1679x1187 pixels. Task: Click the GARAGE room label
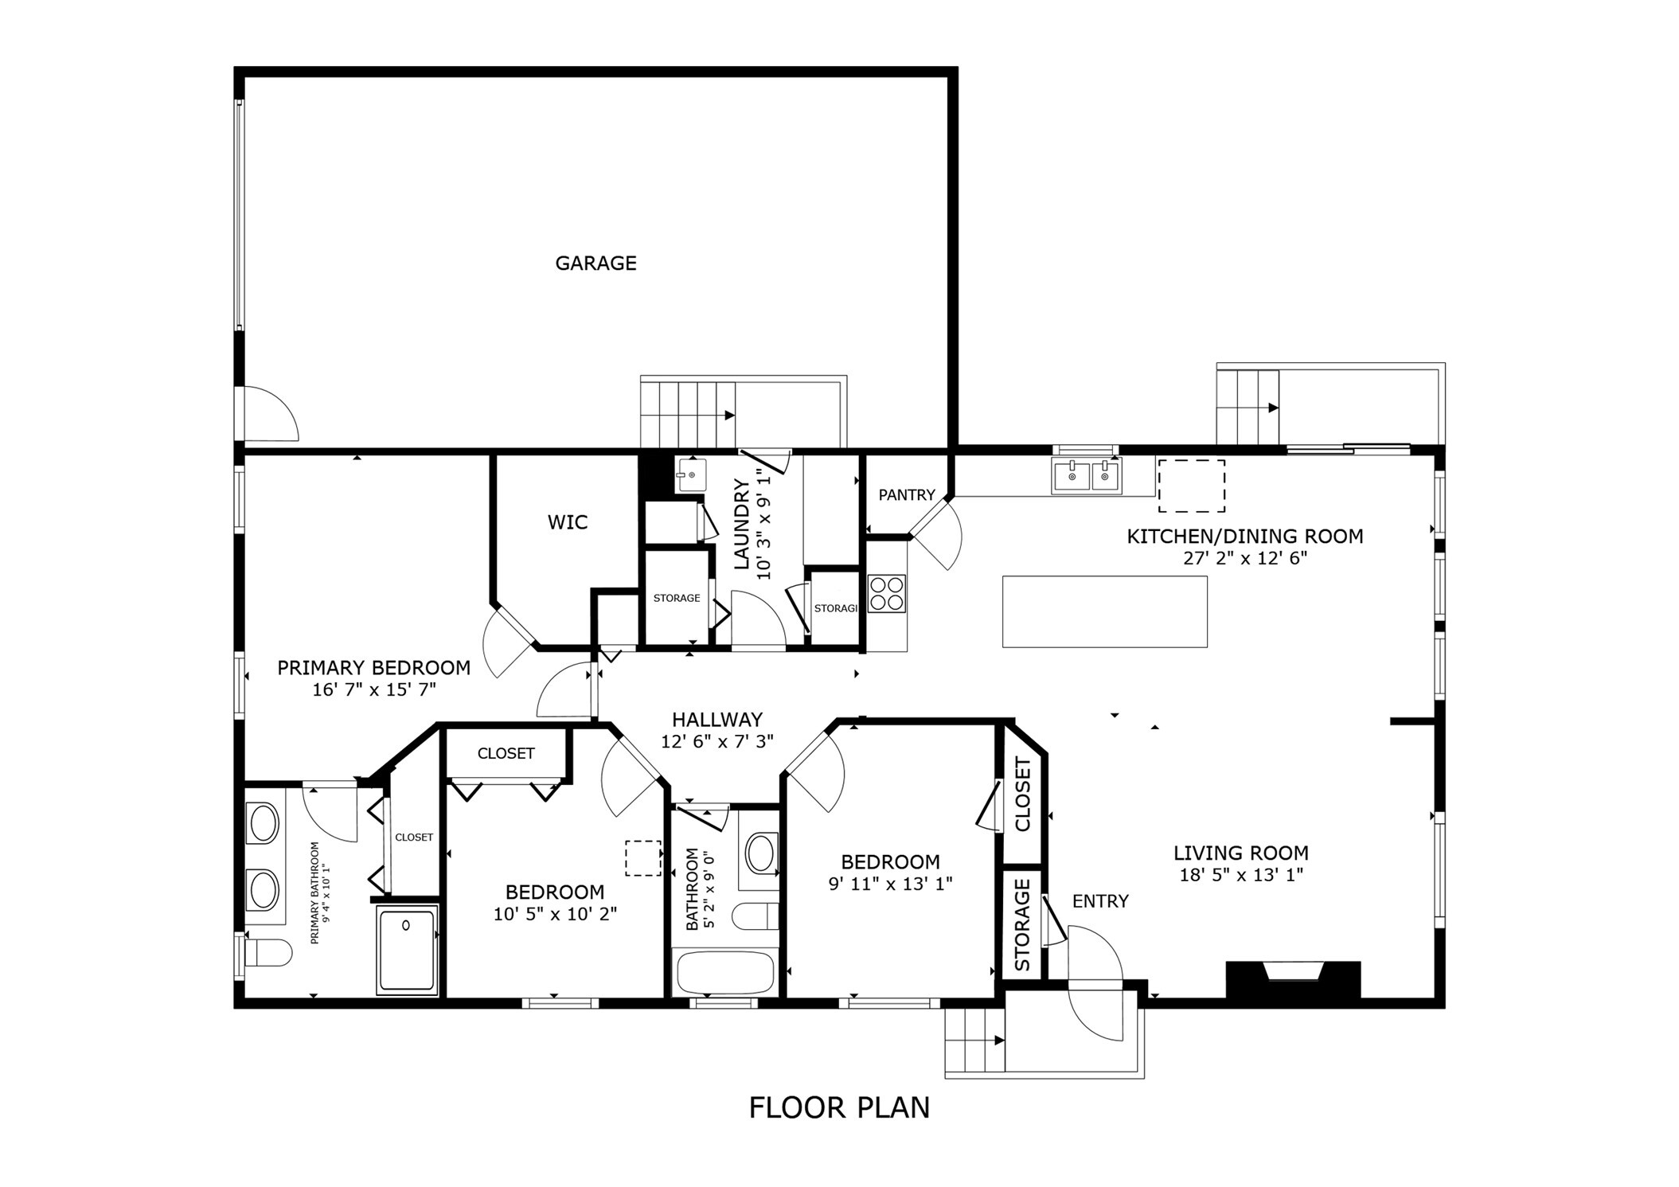[x=595, y=263]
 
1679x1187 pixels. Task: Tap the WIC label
[x=568, y=522]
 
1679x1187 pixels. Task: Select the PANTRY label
[x=906, y=495]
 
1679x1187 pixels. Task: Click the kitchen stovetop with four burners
[x=887, y=593]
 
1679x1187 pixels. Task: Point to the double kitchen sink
[x=1087, y=476]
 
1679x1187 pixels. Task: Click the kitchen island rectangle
[x=1104, y=611]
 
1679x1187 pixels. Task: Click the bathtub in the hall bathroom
[x=724, y=972]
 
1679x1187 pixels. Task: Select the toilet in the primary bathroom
[x=267, y=952]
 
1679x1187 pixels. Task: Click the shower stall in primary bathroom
[x=407, y=951]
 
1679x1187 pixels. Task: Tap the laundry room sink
[x=690, y=475]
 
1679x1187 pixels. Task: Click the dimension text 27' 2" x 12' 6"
[x=1245, y=558]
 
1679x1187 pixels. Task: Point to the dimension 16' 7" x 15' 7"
[x=374, y=689]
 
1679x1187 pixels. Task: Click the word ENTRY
[x=1100, y=901]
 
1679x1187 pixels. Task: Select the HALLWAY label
[x=717, y=720]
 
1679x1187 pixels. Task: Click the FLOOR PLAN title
[x=839, y=1108]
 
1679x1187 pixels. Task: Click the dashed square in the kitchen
[x=1191, y=486]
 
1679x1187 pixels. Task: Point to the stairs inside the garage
[x=688, y=414]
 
